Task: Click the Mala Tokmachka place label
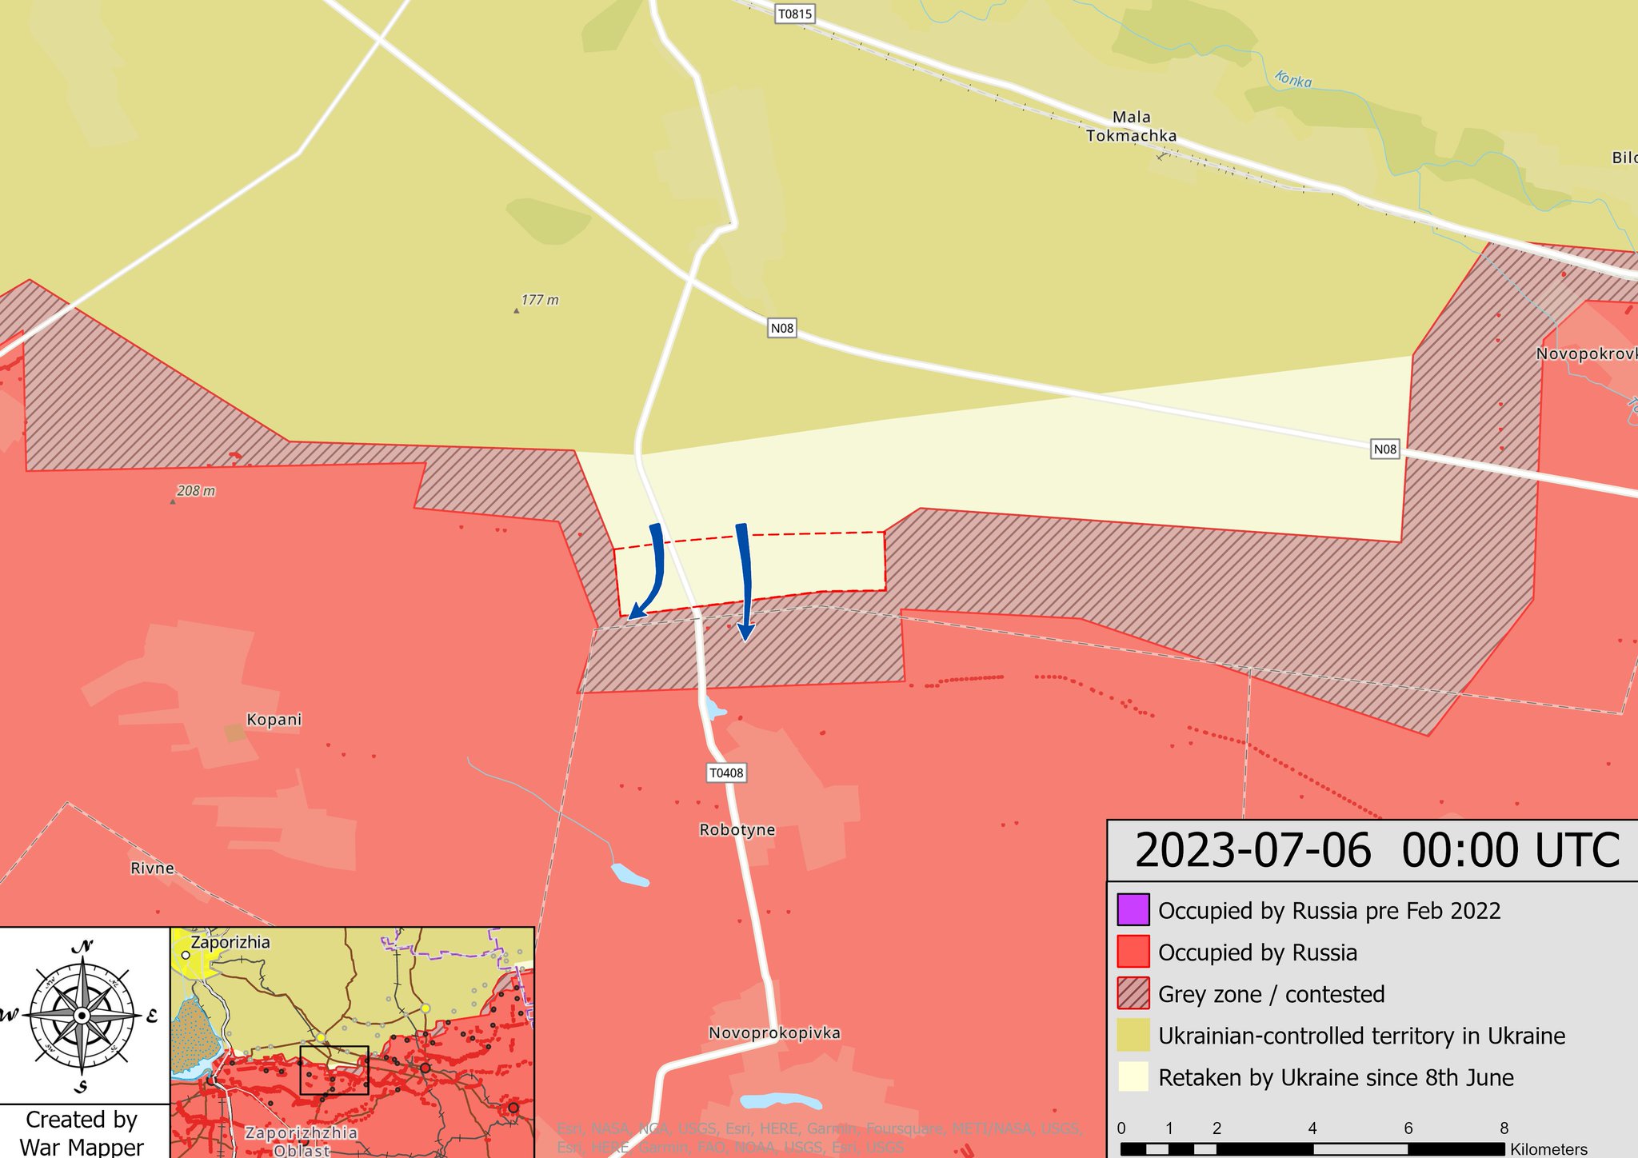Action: (x=1131, y=126)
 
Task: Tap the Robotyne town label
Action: (x=737, y=830)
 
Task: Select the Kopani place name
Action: (x=274, y=720)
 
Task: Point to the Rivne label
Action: (x=152, y=868)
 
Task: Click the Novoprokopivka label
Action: (x=774, y=1033)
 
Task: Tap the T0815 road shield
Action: (x=795, y=14)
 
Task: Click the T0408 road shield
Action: (x=726, y=773)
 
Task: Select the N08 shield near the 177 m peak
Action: (x=781, y=328)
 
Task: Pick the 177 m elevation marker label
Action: (x=539, y=301)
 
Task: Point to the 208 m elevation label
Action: (x=195, y=491)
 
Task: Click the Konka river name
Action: (x=1292, y=79)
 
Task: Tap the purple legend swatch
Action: (x=1133, y=909)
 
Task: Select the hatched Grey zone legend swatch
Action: (x=1133, y=993)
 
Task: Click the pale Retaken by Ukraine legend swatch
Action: (x=1133, y=1077)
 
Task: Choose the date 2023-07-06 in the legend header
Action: (x=1252, y=851)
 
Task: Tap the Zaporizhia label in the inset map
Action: (x=230, y=942)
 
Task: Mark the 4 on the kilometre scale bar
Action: (x=1312, y=1128)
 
